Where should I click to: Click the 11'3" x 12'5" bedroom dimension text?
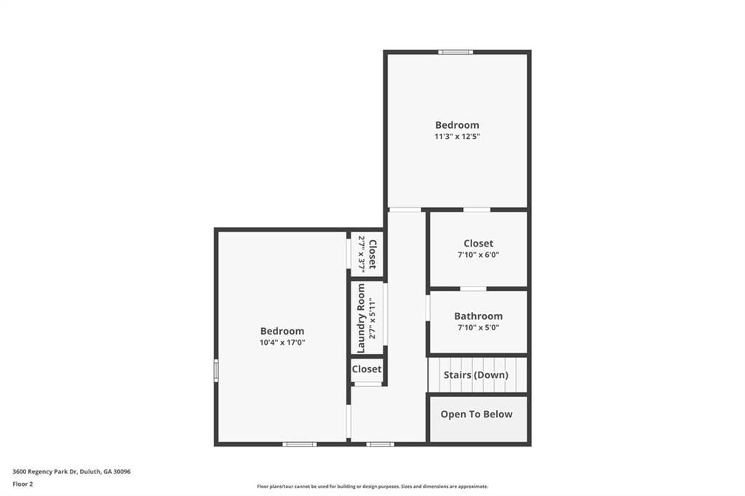point(457,137)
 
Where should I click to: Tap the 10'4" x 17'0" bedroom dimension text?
point(282,343)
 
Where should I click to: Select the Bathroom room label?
point(478,316)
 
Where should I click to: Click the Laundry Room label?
point(361,319)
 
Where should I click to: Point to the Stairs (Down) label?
point(476,375)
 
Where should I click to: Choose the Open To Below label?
point(477,415)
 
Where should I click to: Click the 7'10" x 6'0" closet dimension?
point(478,255)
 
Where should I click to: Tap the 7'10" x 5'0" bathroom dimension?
point(478,328)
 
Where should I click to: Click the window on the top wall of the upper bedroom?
point(455,52)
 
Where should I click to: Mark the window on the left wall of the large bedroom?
point(216,370)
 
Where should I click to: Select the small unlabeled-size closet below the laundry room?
point(367,369)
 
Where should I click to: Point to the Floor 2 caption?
point(23,484)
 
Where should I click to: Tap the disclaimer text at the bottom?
point(372,487)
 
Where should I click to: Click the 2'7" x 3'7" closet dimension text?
point(361,253)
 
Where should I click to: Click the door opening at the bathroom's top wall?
point(473,289)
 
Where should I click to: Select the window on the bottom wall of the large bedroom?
point(299,444)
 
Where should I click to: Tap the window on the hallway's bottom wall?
point(380,444)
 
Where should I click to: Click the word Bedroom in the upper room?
point(457,125)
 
